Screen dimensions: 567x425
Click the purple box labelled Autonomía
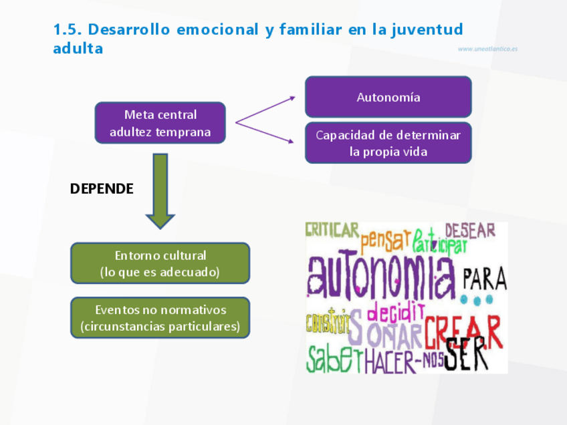point(388,97)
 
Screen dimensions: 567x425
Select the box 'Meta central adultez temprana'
point(160,123)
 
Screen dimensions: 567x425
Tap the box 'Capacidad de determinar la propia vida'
point(388,143)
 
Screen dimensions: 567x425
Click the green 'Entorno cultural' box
point(160,263)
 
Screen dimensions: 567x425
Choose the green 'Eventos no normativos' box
point(160,318)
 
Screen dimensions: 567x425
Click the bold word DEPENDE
point(102,189)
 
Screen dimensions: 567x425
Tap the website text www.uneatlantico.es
point(487,49)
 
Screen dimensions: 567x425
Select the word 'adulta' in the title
point(78,49)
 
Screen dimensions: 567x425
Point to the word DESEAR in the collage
point(470,231)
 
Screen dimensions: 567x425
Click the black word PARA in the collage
point(485,277)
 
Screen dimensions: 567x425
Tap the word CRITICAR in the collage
point(332,230)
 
